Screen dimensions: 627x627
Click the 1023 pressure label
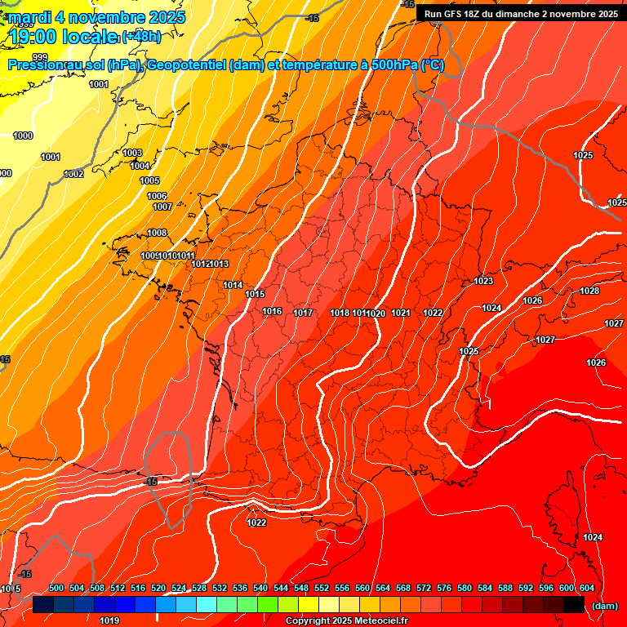point(483,282)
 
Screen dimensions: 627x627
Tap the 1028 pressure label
point(589,291)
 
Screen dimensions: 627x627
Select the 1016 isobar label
point(272,311)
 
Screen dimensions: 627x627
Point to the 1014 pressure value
point(233,285)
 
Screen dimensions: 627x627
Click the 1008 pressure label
point(157,233)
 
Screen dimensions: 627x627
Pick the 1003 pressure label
point(132,153)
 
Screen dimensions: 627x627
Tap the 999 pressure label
point(40,56)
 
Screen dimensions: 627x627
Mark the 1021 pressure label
point(401,313)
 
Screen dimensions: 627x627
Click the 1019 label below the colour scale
point(109,620)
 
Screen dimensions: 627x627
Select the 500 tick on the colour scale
point(56,588)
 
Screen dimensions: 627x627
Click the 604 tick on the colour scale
point(587,588)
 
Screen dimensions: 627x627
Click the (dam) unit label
point(604,605)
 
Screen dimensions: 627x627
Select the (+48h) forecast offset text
point(141,37)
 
